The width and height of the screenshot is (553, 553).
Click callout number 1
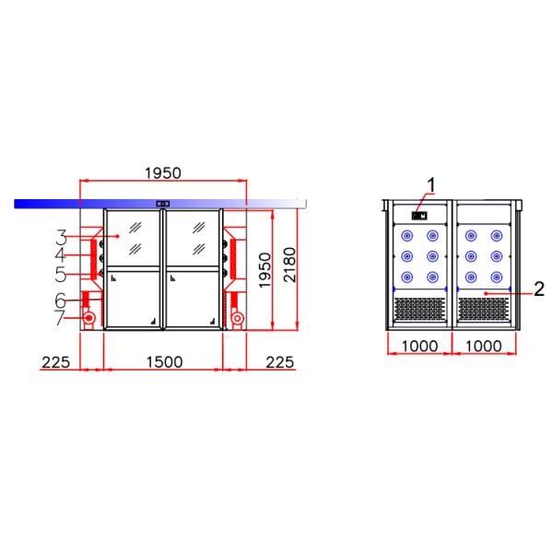[432, 183]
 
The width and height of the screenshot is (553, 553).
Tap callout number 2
[539, 289]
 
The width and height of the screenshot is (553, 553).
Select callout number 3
[61, 236]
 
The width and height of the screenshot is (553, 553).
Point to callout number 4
[61, 254]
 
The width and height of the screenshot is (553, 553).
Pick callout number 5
[61, 274]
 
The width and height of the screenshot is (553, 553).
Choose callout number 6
[61, 300]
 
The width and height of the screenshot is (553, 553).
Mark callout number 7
[61, 319]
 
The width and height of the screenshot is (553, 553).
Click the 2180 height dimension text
[289, 266]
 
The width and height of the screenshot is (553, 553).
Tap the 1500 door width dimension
[164, 362]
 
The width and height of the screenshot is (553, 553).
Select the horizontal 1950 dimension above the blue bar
[162, 172]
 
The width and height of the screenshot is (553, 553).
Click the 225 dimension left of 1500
[56, 362]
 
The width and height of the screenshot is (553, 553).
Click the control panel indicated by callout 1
[420, 216]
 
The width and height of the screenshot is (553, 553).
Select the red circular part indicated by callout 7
[89, 319]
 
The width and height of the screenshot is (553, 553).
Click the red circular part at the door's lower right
[237, 319]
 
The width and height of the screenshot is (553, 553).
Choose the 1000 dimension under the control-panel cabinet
[419, 346]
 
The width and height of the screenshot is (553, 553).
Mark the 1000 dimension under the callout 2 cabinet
[484, 346]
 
